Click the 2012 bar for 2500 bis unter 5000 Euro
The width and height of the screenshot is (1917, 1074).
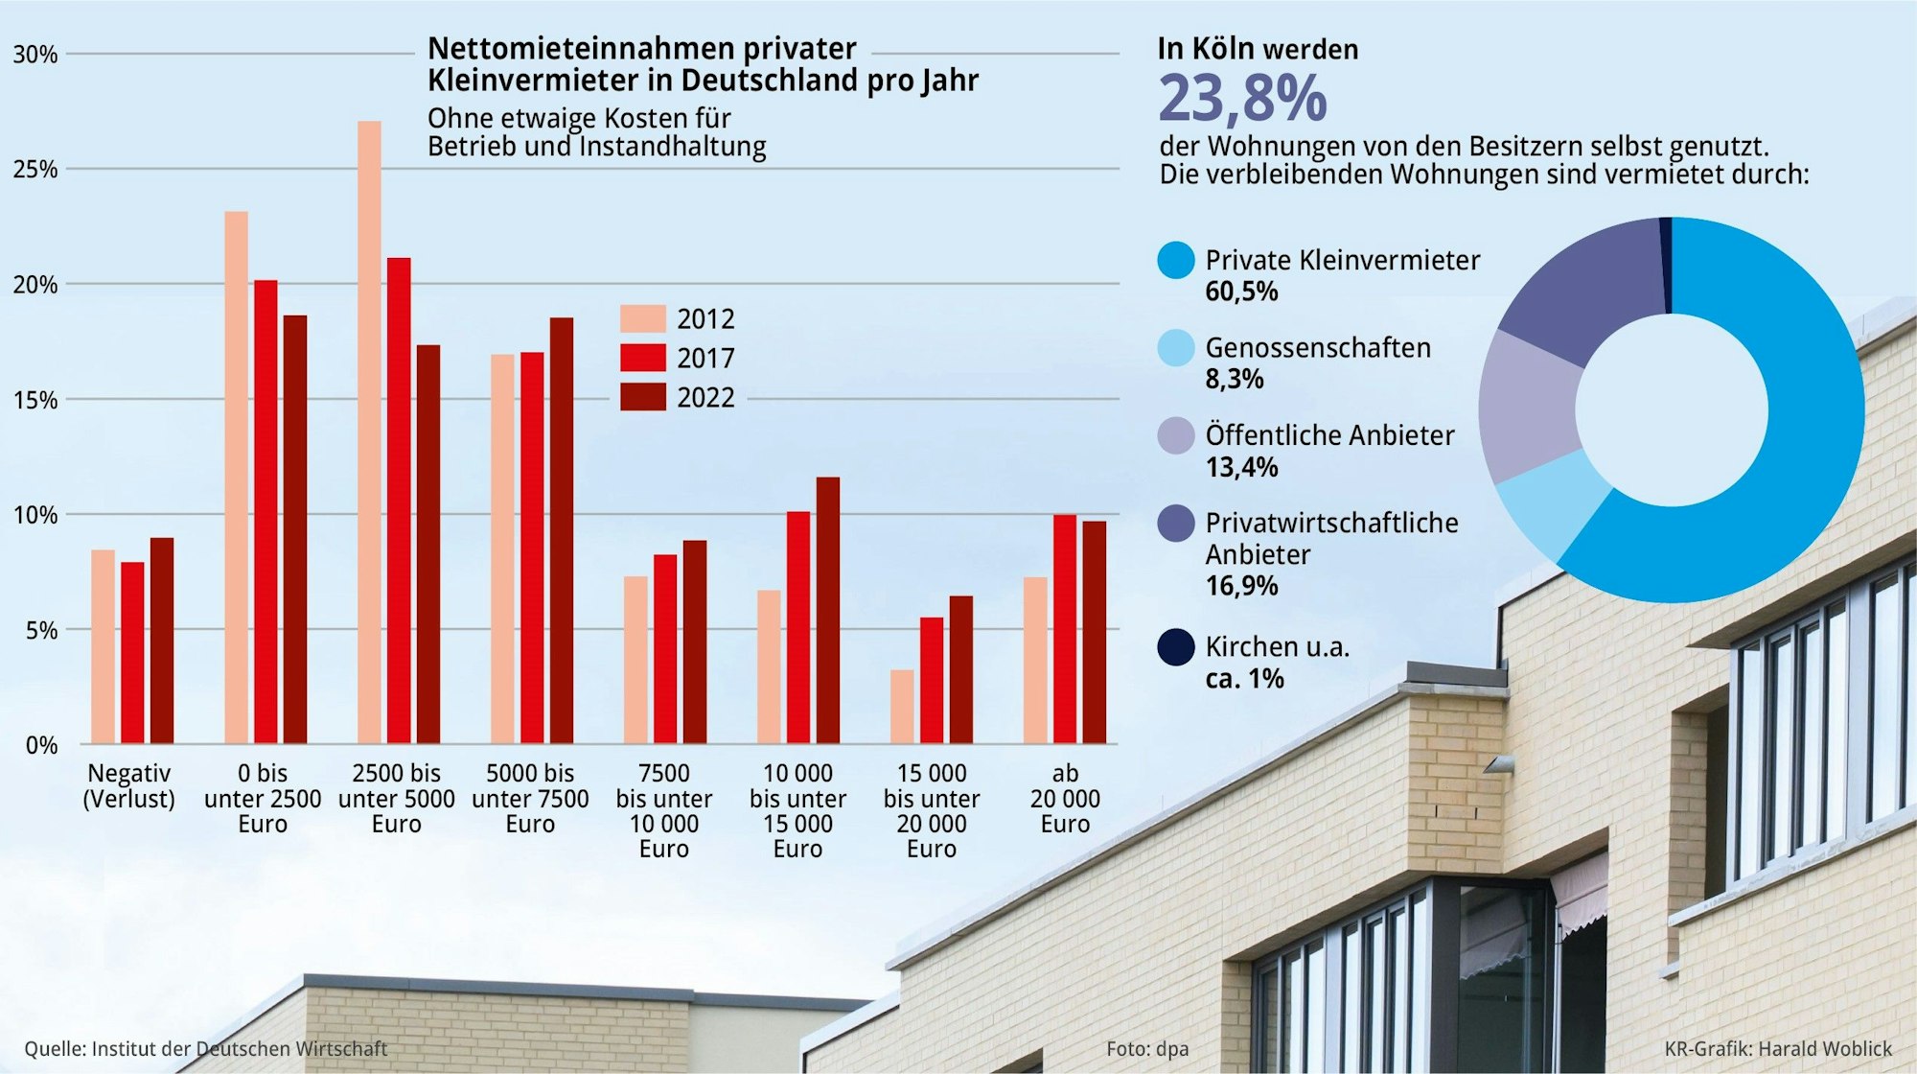point(369,432)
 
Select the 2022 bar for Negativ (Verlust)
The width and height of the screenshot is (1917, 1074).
point(162,641)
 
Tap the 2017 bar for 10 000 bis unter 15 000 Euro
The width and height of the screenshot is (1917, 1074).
point(798,628)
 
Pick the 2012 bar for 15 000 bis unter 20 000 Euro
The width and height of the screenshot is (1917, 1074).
point(902,707)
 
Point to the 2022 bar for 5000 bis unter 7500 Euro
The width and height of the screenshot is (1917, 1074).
point(562,530)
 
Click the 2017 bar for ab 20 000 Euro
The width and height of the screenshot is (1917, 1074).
point(1065,629)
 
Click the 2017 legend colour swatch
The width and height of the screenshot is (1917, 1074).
point(642,358)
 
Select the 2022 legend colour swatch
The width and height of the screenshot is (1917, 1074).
point(642,397)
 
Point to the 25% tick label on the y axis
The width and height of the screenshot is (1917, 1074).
point(35,170)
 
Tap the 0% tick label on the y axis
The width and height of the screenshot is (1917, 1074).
point(41,746)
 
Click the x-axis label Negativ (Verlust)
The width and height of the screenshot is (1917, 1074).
point(128,786)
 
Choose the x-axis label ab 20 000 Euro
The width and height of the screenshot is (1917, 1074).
point(1065,799)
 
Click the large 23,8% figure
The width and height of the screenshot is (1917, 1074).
point(1242,99)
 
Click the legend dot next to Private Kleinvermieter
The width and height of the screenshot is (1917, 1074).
point(1176,261)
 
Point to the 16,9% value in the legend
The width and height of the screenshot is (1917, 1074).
point(1241,586)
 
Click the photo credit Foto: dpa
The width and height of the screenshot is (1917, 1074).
point(1146,1049)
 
